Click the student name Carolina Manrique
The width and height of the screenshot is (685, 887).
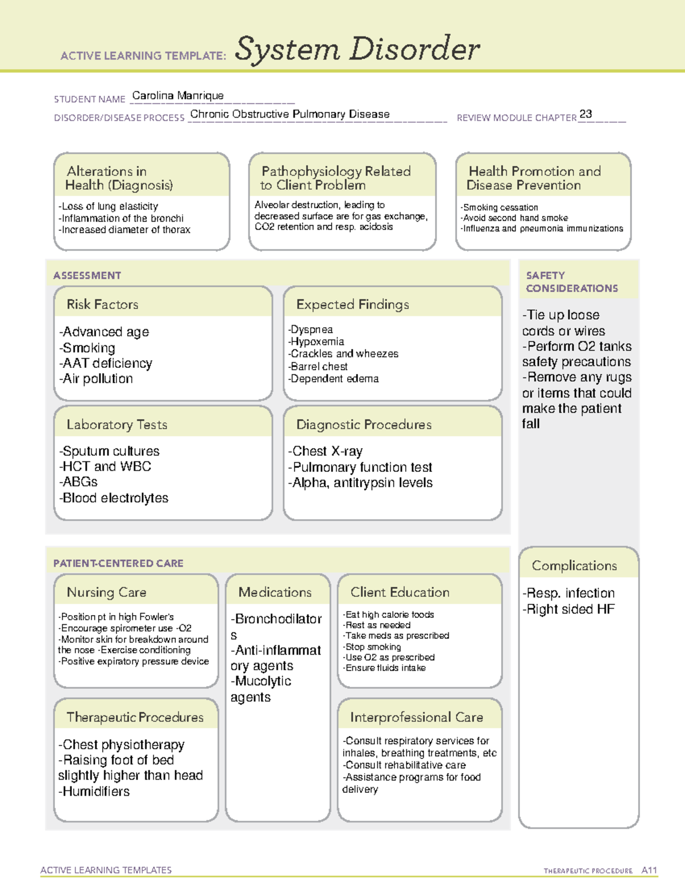[x=178, y=96]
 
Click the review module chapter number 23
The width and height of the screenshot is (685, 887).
[x=585, y=114]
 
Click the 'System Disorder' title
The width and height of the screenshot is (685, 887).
[x=357, y=49]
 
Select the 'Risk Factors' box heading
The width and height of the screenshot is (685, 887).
[x=103, y=304]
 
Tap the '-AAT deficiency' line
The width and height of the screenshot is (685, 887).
[x=106, y=363]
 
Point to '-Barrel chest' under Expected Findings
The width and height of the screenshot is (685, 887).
[x=318, y=367]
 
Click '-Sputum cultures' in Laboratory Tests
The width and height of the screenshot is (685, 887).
[x=109, y=451]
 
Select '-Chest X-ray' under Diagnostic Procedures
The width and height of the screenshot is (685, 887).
[x=325, y=451]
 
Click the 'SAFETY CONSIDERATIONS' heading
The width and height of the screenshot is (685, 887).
[x=571, y=282]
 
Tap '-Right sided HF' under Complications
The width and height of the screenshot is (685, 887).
[x=569, y=609]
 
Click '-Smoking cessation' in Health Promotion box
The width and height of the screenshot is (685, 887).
[x=499, y=207]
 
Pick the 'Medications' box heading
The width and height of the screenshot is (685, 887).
[x=275, y=592]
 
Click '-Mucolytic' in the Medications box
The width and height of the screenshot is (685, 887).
[x=261, y=681]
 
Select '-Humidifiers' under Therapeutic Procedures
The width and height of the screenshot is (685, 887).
[x=94, y=792]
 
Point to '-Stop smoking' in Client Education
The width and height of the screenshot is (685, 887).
[x=372, y=647]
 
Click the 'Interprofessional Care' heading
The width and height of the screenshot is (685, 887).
[x=416, y=717]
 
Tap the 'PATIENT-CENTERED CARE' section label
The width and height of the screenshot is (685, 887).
[x=118, y=563]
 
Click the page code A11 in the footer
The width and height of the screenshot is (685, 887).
[x=649, y=870]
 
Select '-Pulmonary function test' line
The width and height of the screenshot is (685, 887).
[x=360, y=467]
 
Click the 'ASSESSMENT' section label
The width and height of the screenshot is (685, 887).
[x=87, y=275]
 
